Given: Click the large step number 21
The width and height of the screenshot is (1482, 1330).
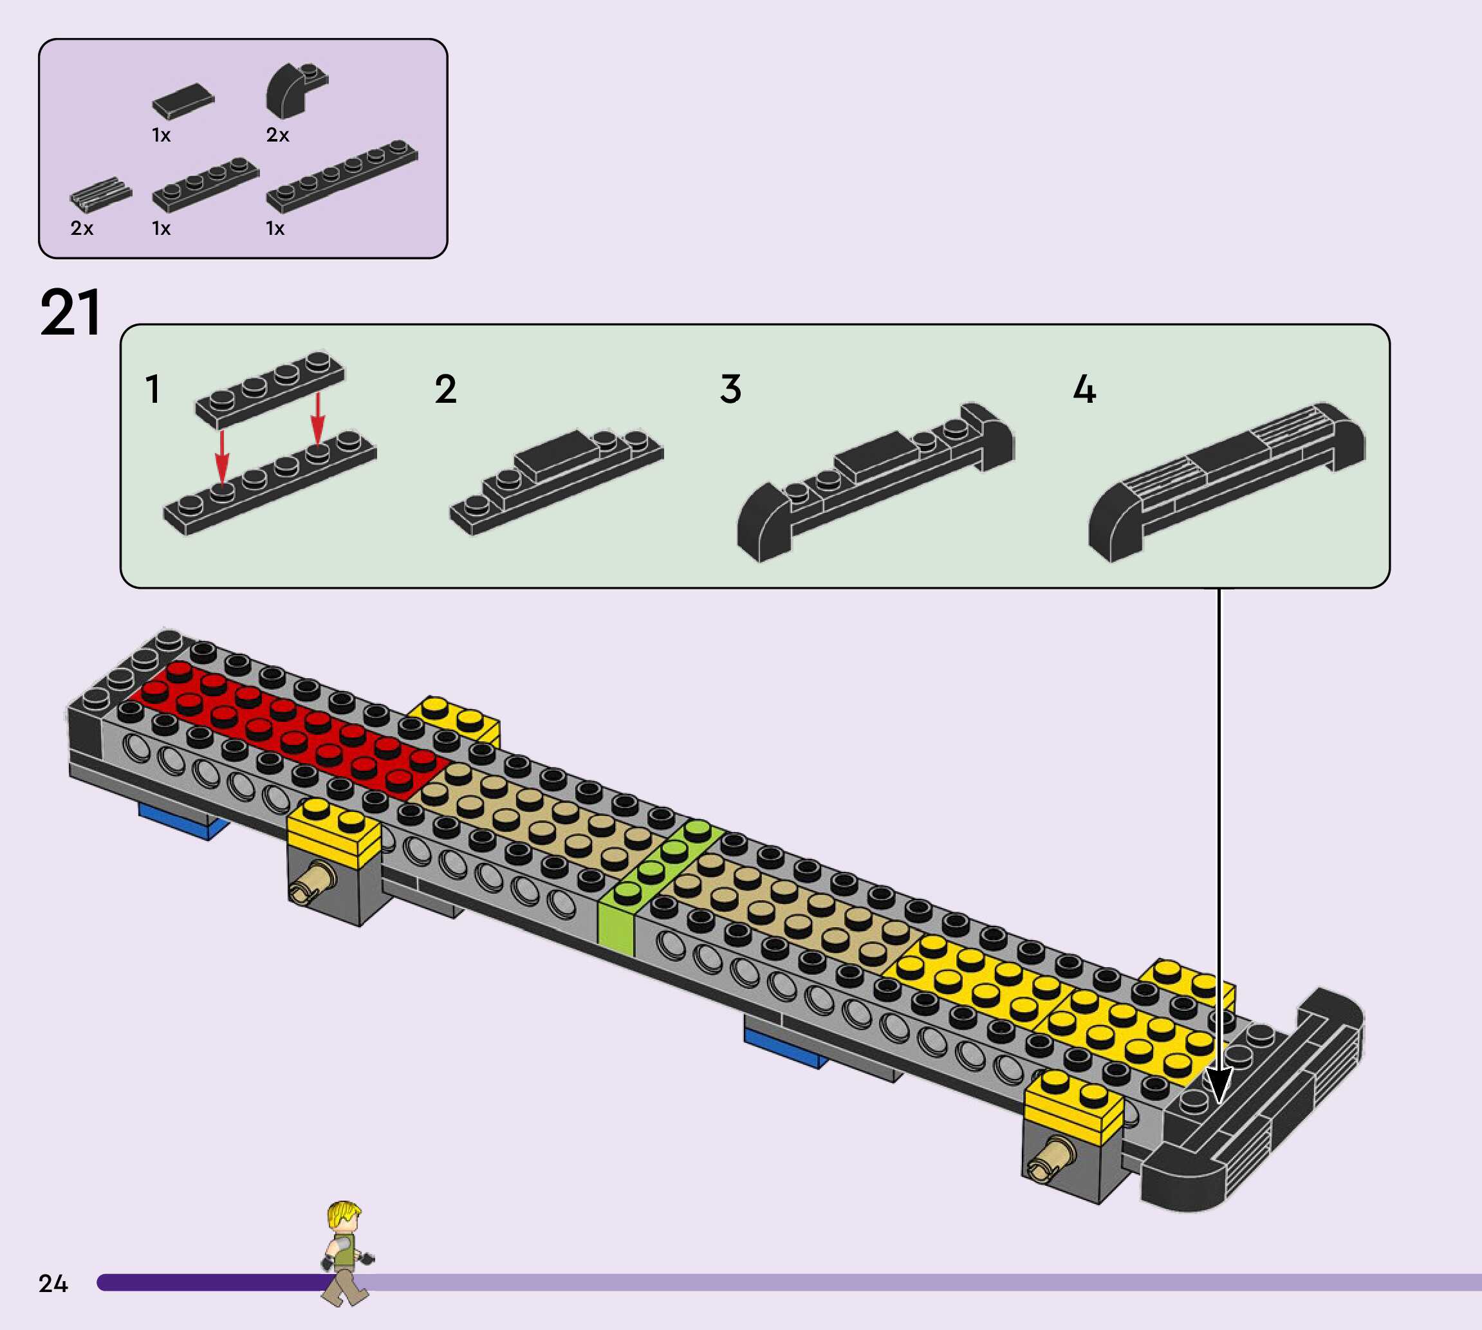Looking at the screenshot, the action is point(70,313).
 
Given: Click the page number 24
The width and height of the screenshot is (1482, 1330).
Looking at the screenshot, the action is point(53,1283).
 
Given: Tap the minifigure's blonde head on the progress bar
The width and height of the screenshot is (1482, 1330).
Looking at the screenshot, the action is point(344,1217).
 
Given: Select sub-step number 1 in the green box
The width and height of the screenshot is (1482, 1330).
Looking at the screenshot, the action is point(153,389).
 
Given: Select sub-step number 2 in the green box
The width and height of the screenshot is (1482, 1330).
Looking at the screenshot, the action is point(446,389).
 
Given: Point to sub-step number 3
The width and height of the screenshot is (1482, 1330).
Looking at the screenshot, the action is point(731,389).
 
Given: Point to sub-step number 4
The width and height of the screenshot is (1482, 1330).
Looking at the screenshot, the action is point(1084,389).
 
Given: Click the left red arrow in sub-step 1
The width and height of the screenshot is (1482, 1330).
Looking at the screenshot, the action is point(222,456).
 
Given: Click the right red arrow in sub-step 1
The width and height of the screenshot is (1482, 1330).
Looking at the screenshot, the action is point(317,418).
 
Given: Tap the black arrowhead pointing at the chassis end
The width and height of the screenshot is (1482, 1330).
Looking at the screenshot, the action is point(1219,1086).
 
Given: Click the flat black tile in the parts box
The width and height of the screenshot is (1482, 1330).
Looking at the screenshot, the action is point(183,100).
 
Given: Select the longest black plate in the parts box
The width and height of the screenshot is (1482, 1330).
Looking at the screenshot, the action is point(342,176).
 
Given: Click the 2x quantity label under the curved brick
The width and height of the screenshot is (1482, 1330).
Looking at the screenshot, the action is point(278,135).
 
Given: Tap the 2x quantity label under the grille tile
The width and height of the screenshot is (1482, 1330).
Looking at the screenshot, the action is point(82,228).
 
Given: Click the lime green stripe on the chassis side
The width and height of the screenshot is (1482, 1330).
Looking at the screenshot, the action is point(616,924).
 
